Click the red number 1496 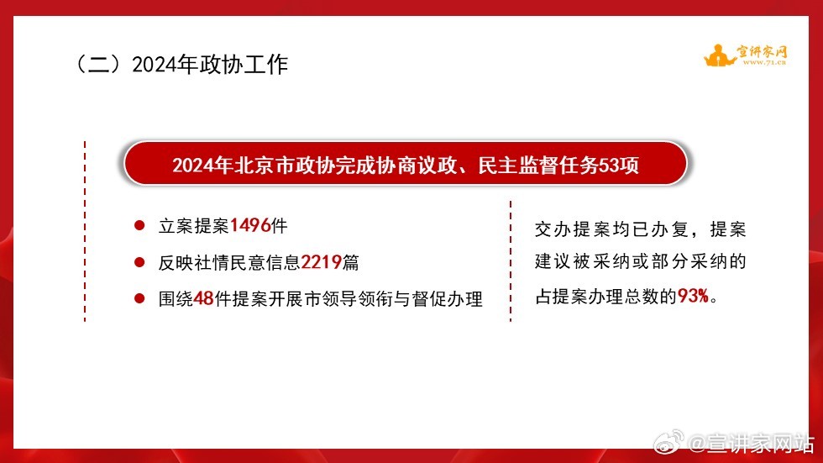click(x=250, y=226)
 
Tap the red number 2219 click(x=321, y=262)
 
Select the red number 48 click(x=203, y=298)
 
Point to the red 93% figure click(x=693, y=296)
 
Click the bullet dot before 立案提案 click(x=139, y=226)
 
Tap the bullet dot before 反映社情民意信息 click(x=139, y=262)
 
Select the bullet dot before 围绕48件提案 click(x=139, y=298)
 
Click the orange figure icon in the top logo click(x=719, y=55)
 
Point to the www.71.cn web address click(x=764, y=62)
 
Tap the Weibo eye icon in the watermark click(x=668, y=442)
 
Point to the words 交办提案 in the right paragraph click(x=573, y=229)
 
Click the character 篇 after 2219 click(x=351, y=262)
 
